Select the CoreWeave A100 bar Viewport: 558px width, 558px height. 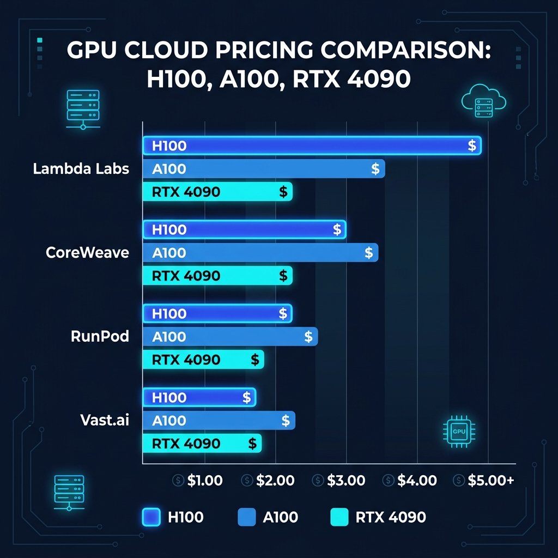tap(260, 253)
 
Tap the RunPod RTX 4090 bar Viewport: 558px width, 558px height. tap(203, 360)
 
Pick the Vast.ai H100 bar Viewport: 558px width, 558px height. tap(199, 397)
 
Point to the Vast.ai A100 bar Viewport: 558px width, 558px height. tap(219, 421)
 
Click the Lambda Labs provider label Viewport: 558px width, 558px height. tap(81, 168)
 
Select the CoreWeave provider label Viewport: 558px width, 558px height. tap(88, 252)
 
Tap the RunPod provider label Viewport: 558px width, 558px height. tap(100, 336)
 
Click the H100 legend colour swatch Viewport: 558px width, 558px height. tap(151, 517)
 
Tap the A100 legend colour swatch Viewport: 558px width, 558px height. tap(247, 517)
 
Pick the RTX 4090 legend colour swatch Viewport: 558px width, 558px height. tap(339, 517)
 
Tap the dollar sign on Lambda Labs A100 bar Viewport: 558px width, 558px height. tap(375, 169)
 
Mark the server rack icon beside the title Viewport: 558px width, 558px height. tap(82, 107)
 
